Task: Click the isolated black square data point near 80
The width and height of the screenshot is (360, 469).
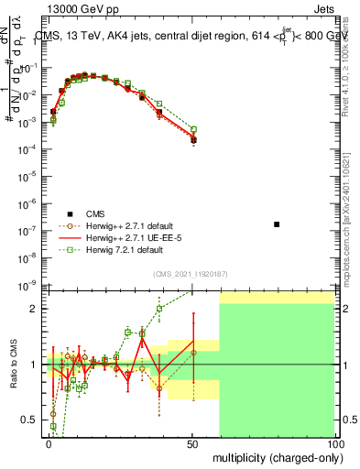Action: click(277, 224)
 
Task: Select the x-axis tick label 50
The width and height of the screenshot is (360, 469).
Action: click(192, 442)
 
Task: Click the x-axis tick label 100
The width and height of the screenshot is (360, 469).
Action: click(335, 442)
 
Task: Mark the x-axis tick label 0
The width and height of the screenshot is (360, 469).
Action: click(49, 442)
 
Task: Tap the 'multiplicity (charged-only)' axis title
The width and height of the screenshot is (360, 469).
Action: click(274, 457)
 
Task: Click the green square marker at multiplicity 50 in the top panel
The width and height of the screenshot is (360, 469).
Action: click(193, 129)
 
